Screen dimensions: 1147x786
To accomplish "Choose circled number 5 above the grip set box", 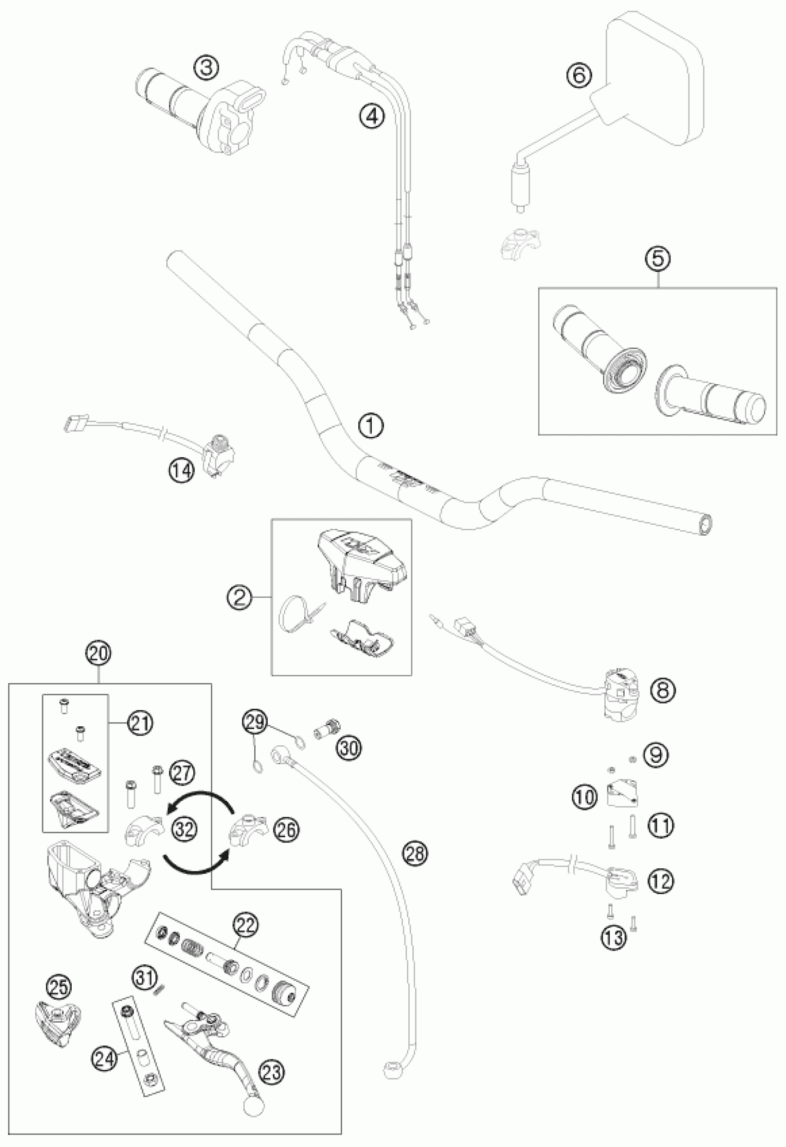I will point(660,260).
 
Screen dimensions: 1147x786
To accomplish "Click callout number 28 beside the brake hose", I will point(416,853).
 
